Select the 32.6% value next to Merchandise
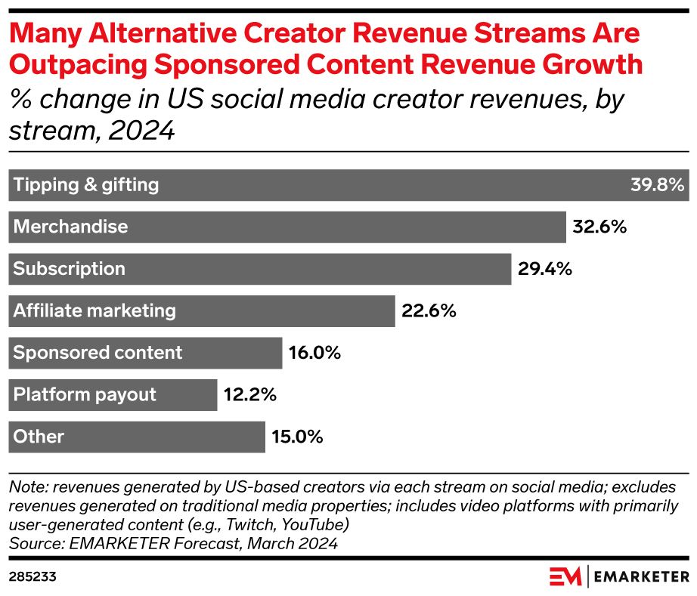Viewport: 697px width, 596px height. (599, 227)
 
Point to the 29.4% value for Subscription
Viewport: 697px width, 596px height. (544, 269)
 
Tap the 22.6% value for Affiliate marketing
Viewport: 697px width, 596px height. (428, 310)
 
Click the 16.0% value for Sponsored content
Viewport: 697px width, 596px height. (314, 353)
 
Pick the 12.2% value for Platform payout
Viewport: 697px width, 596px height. (249, 394)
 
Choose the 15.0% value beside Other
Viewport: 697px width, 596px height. (297, 437)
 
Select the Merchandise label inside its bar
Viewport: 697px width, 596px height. (71, 227)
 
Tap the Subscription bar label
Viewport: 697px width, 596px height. (70, 269)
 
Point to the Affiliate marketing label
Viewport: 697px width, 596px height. (94, 310)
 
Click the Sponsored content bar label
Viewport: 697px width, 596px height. (98, 353)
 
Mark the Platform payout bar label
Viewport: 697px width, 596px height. (85, 394)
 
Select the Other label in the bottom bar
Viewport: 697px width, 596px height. (39, 437)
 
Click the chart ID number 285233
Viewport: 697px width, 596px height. (33, 576)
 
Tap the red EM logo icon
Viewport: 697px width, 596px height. (565, 576)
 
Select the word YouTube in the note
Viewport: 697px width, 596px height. (321, 523)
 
